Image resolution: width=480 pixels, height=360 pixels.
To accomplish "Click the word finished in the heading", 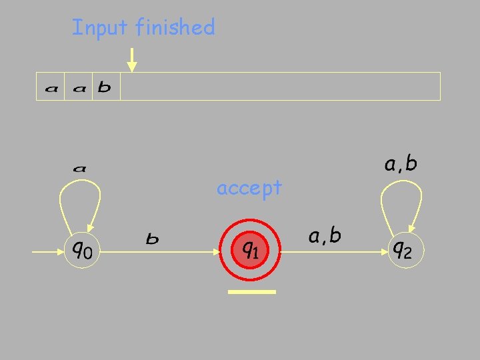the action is pyautogui.click(x=175, y=27).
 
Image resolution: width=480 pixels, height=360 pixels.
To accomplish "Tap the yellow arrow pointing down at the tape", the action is pyautogui.click(x=132, y=60).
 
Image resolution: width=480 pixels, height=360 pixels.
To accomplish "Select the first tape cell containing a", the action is pyautogui.click(x=50, y=87).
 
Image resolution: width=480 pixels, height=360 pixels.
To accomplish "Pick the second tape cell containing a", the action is pyautogui.click(x=78, y=87).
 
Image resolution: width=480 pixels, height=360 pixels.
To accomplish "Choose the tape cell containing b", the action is pyautogui.click(x=105, y=87).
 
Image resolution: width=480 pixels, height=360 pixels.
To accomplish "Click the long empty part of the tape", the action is pyautogui.click(x=280, y=87).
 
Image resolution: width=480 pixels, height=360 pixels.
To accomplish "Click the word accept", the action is pyautogui.click(x=249, y=189).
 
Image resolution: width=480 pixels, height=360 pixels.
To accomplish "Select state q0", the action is pyautogui.click(x=82, y=251).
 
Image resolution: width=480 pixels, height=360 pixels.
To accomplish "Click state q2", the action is pyautogui.click(x=401, y=251).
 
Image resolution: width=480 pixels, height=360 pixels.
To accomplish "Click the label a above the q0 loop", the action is pyautogui.click(x=79, y=169).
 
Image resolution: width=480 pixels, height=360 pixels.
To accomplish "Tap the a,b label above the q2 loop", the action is pyautogui.click(x=401, y=163).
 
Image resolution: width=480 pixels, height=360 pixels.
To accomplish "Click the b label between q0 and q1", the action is pyautogui.click(x=153, y=237).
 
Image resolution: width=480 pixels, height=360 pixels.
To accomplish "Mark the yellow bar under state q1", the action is pyautogui.click(x=251, y=292).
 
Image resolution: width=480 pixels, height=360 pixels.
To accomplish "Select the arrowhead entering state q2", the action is pyautogui.click(x=381, y=252).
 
